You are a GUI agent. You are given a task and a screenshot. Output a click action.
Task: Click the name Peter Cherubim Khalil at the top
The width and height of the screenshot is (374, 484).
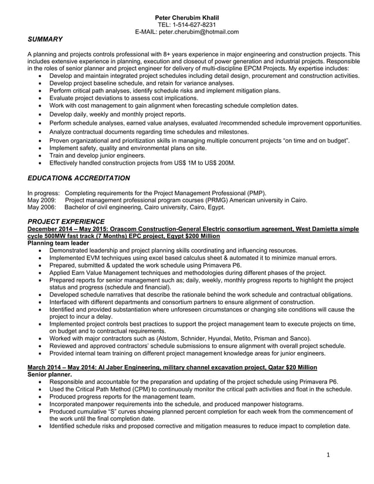pyautogui.click(x=187, y=18)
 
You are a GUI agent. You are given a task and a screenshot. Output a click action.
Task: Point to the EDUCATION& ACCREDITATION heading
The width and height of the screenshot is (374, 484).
pyautogui.click(x=79, y=178)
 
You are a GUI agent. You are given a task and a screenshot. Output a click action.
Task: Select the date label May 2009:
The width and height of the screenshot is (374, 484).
pyautogui.click(x=42, y=200)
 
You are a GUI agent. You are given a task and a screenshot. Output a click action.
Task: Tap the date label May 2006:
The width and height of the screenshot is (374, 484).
pyautogui.click(x=42, y=207)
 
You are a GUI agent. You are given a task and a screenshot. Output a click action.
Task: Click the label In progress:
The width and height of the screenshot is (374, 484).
pyautogui.click(x=44, y=193)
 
